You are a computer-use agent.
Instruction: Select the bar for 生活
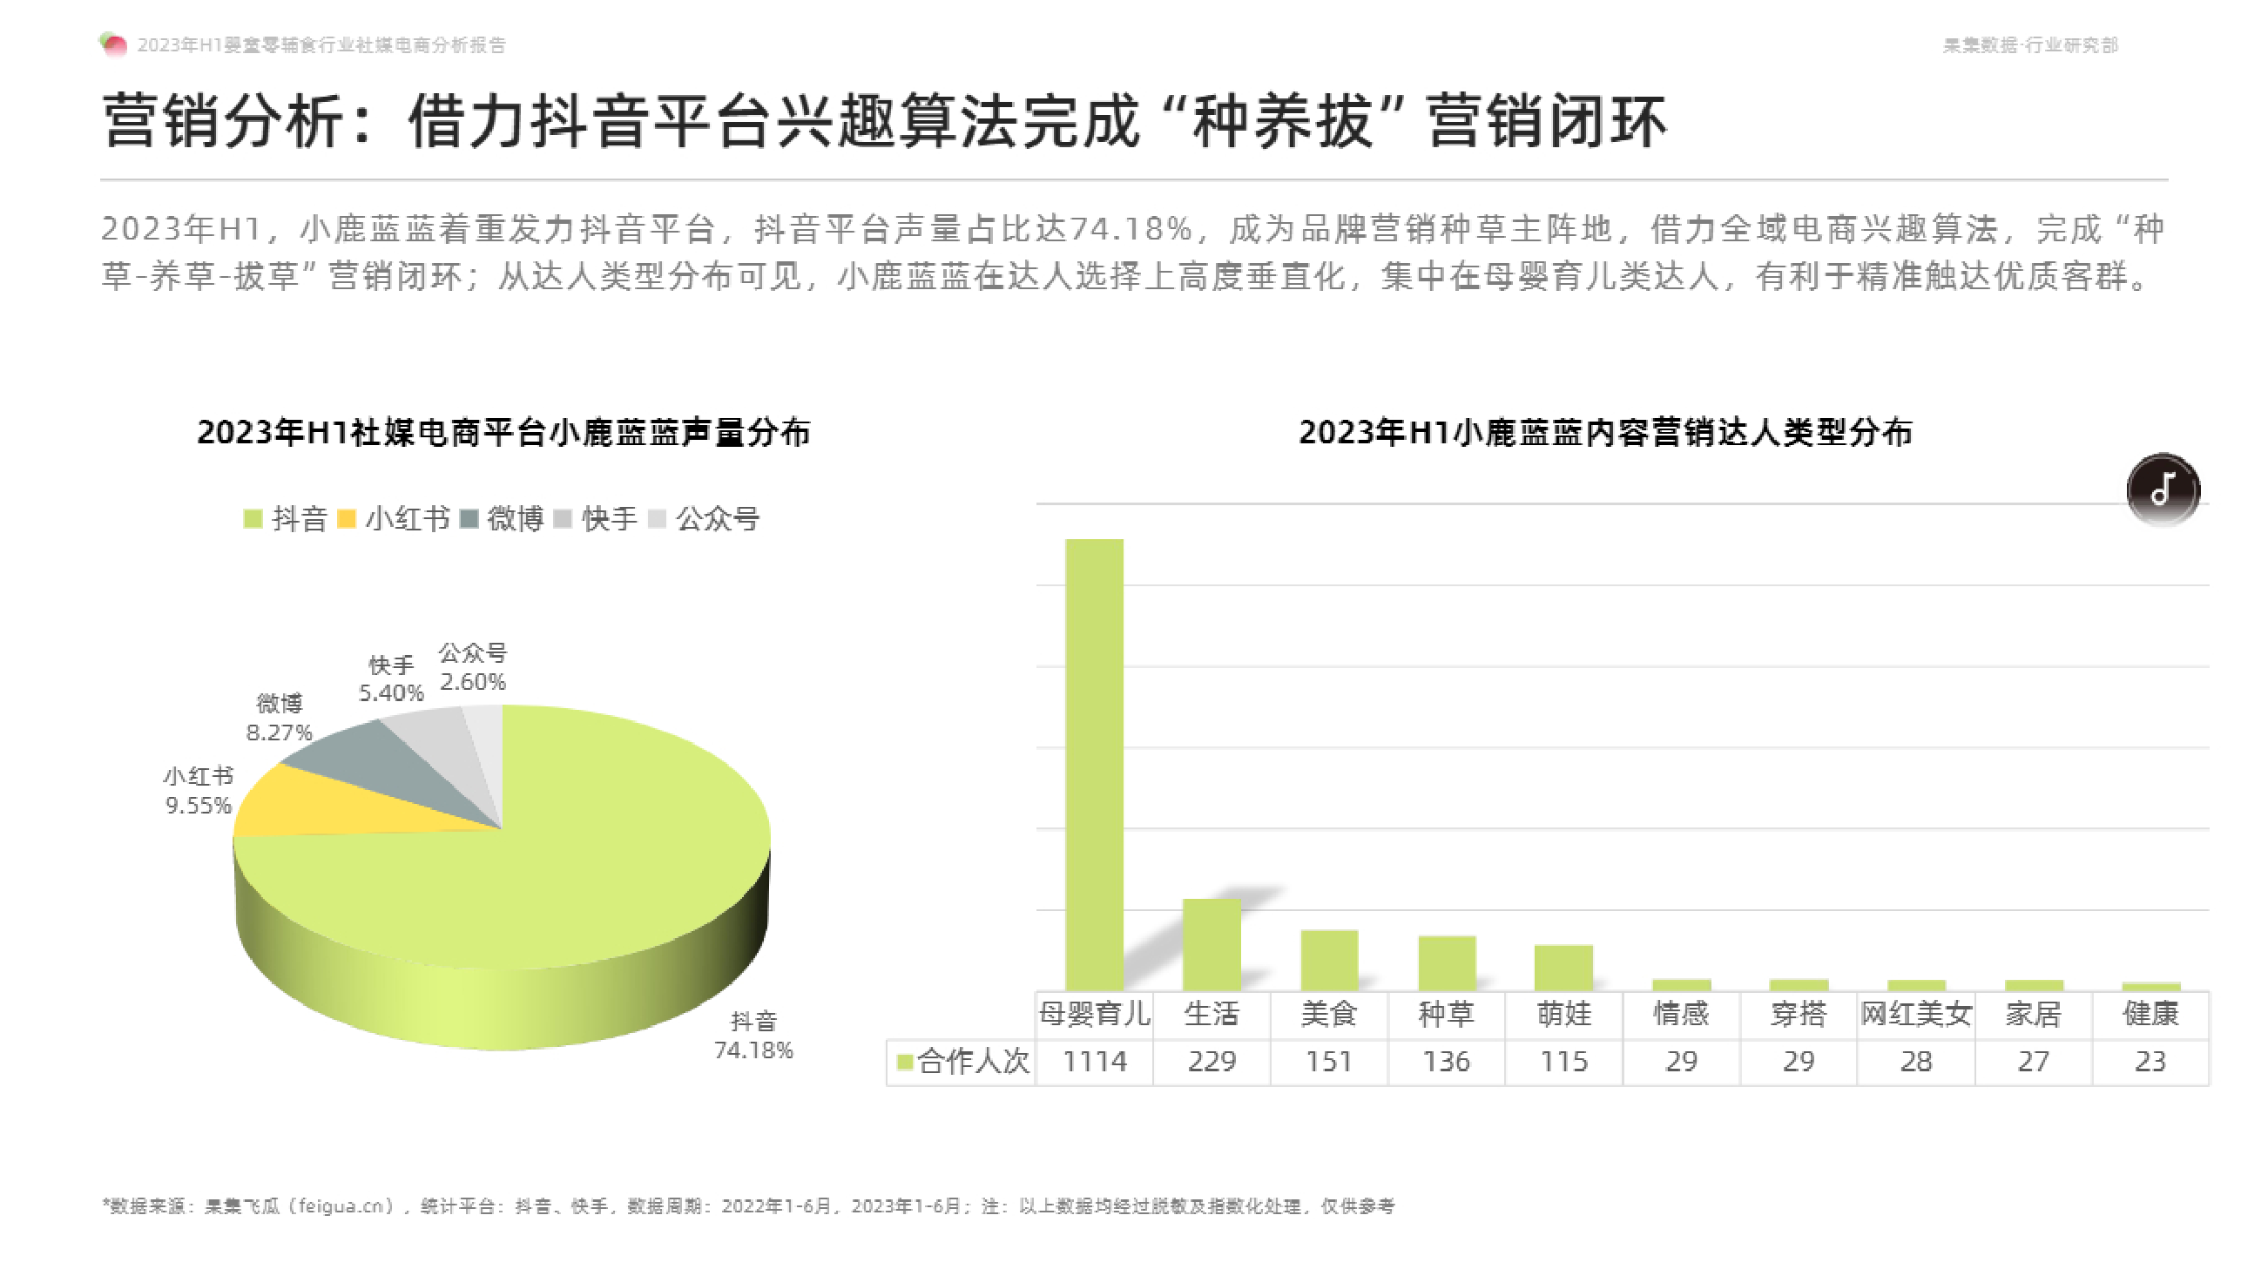tap(1212, 944)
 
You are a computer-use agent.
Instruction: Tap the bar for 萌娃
tap(1563, 967)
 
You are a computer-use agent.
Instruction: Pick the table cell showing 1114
tap(1094, 1061)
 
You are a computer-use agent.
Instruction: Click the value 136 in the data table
tap(1446, 1061)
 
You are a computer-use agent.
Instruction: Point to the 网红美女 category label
tap(1915, 1014)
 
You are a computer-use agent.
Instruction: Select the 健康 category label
tap(2150, 1014)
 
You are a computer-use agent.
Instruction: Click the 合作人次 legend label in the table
tap(972, 1061)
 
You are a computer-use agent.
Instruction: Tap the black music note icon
tap(2163, 489)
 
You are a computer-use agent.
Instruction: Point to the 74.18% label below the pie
tap(753, 1050)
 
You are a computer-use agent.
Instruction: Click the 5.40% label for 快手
tap(391, 693)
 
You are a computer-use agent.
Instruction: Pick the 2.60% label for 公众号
tap(473, 682)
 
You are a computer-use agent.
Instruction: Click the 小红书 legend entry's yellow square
tap(346, 519)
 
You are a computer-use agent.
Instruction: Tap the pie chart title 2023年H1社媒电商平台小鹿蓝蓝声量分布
tap(503, 432)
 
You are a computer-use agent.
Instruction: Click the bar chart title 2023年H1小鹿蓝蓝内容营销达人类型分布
tap(1605, 432)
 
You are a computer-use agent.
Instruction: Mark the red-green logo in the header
tap(113, 44)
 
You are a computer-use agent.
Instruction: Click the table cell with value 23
tap(2150, 1061)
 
